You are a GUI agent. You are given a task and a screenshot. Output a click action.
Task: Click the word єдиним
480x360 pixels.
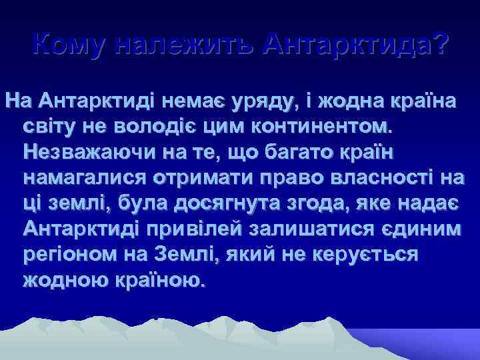tap(416, 229)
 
